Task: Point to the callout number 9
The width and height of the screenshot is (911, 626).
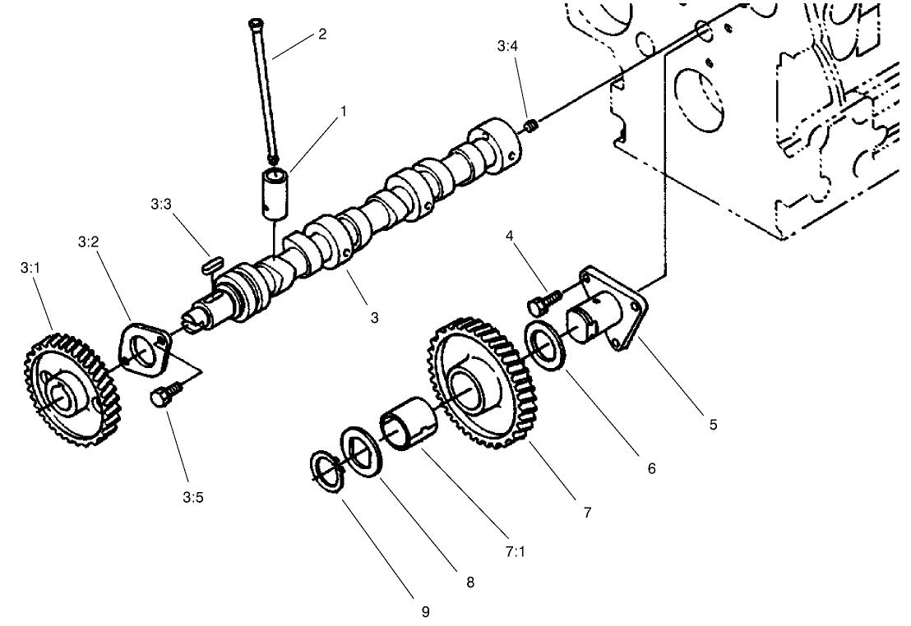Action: click(425, 611)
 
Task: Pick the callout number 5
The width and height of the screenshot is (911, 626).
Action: click(713, 424)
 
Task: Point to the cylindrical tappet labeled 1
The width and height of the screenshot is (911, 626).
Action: click(275, 192)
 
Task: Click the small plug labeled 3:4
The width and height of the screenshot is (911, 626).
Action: click(531, 126)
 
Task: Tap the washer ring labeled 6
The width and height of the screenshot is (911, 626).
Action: click(543, 346)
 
